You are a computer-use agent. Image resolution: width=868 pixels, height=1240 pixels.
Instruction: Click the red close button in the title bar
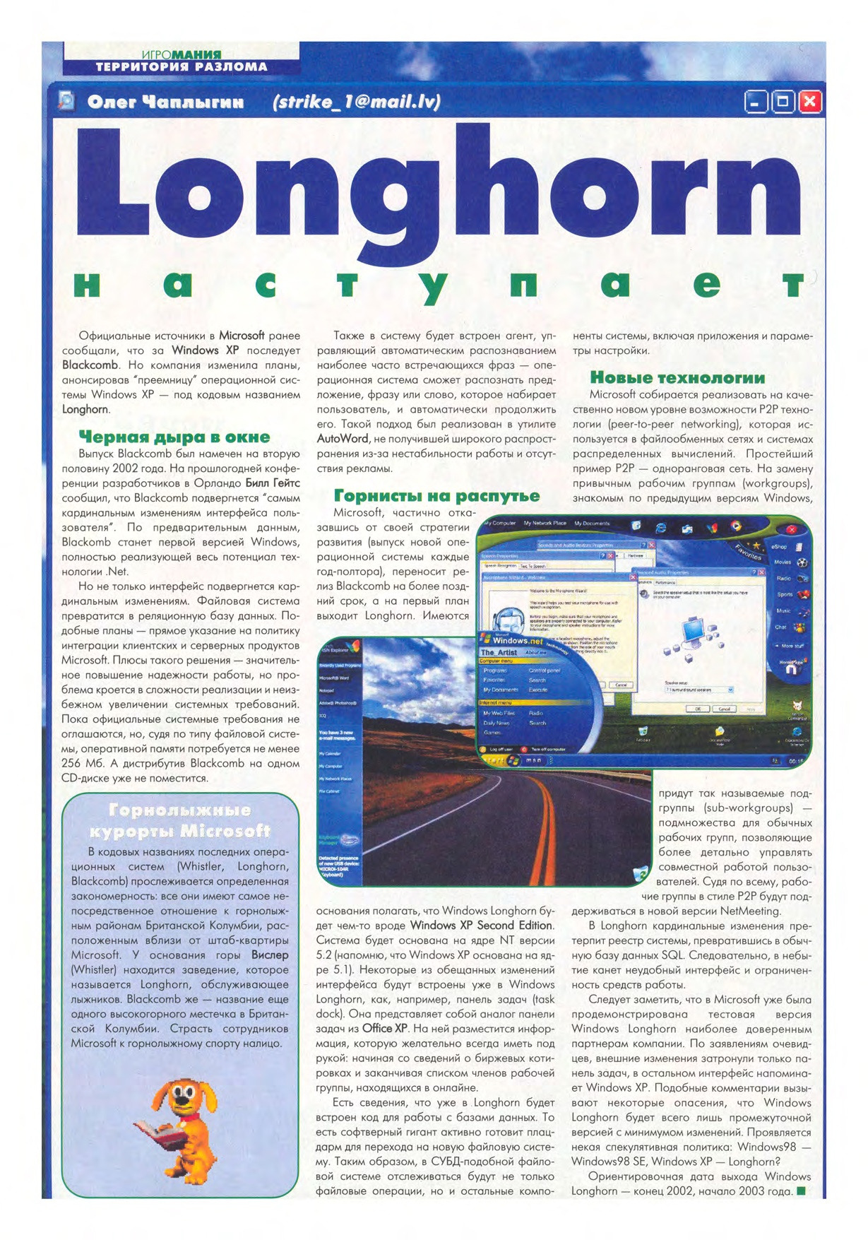809,102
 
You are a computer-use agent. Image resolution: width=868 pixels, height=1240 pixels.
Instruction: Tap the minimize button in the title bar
756,102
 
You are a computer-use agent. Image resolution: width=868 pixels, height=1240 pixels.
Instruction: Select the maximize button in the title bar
783,102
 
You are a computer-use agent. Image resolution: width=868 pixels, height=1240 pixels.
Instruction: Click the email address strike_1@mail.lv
357,102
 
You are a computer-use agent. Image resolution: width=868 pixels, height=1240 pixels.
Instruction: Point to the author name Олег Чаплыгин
165,102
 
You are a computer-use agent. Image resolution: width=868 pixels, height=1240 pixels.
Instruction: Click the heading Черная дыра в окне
174,437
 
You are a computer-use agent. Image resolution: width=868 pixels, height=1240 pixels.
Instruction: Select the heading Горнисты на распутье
436,495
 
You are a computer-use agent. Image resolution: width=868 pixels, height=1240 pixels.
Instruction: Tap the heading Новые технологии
677,377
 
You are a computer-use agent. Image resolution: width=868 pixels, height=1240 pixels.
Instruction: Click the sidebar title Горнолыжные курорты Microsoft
180,820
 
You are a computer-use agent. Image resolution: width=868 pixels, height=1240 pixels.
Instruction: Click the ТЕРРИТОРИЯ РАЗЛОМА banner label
182,67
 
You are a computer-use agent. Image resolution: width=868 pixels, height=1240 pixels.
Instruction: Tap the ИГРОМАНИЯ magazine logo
182,54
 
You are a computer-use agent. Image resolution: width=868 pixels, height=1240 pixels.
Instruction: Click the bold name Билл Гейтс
272,483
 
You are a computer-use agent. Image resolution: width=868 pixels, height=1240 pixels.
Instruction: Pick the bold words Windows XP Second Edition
481,925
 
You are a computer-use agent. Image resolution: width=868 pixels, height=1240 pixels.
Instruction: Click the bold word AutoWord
343,439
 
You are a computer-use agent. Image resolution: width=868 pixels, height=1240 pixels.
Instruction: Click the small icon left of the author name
66,101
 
